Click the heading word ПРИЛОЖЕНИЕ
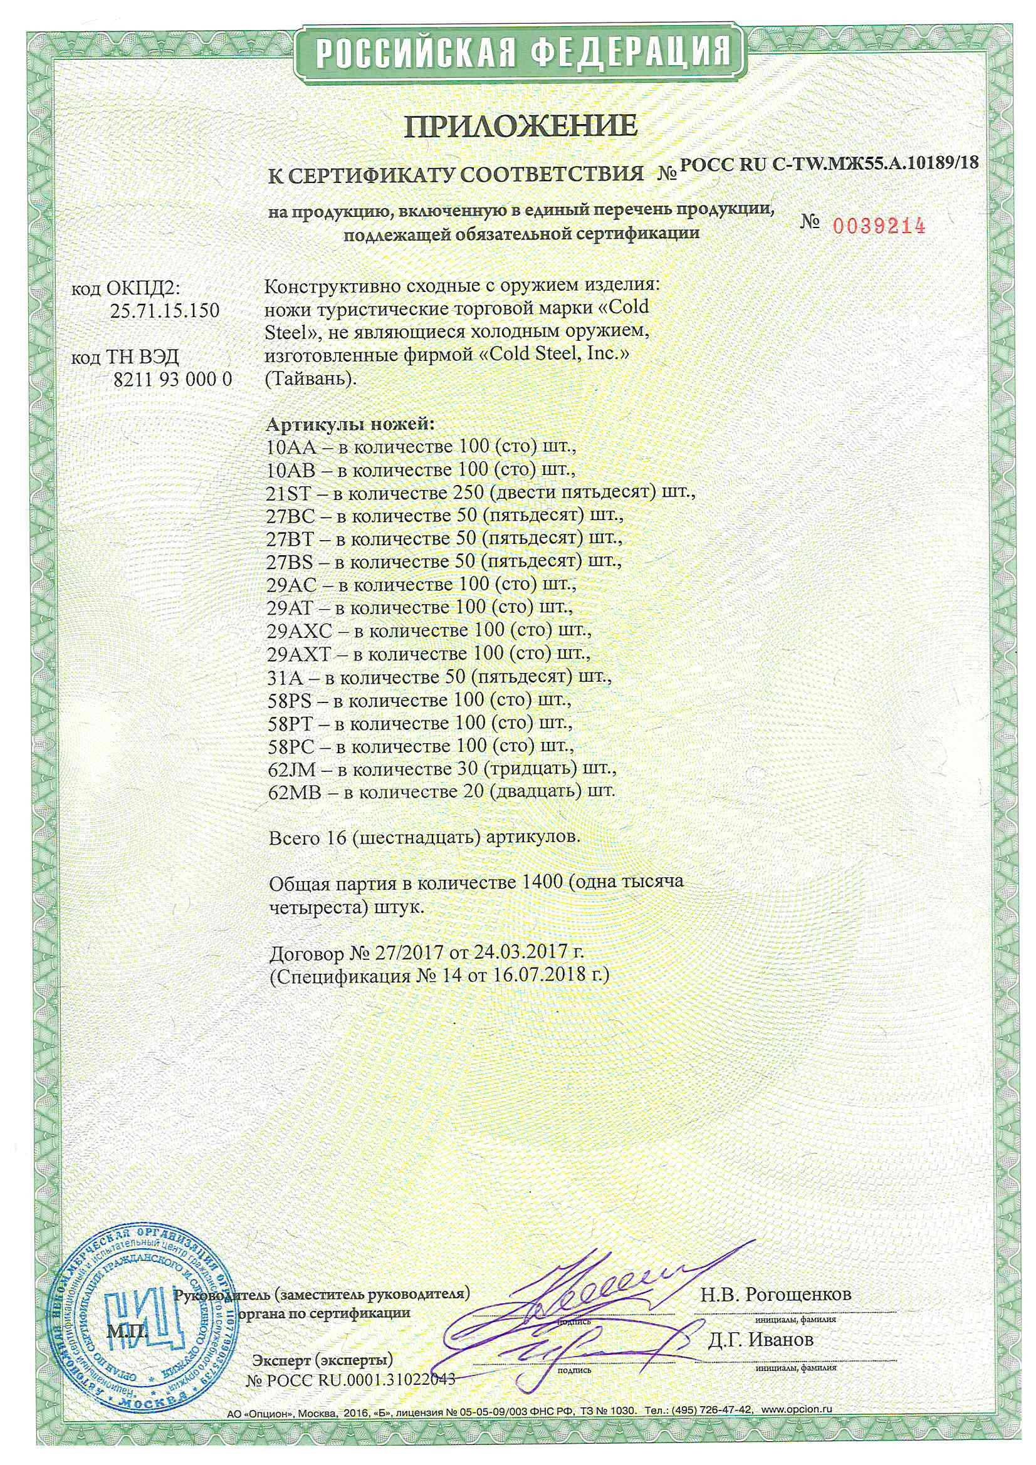[x=521, y=126]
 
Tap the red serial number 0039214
[x=879, y=225]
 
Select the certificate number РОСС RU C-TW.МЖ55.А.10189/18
[x=829, y=164]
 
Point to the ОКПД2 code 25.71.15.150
[x=165, y=311]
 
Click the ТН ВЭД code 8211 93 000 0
[x=172, y=380]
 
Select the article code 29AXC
[x=300, y=632]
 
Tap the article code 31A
[x=285, y=677]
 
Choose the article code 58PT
[x=290, y=723]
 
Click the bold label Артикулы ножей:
[x=349, y=424]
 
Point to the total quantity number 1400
[x=542, y=882]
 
